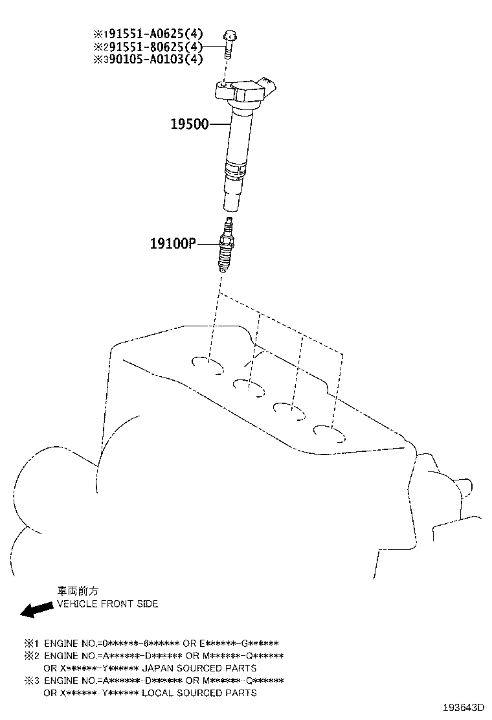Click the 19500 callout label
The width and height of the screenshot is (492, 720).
pos(190,124)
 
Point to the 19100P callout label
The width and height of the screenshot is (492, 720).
pos(173,243)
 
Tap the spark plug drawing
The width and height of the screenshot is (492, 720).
pos(225,244)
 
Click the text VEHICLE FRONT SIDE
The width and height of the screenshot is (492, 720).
pos(107,604)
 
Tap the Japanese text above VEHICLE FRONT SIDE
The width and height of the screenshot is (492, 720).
pos(78,591)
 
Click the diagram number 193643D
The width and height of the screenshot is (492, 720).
pos(464,706)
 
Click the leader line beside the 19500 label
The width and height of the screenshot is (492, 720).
pos(220,124)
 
